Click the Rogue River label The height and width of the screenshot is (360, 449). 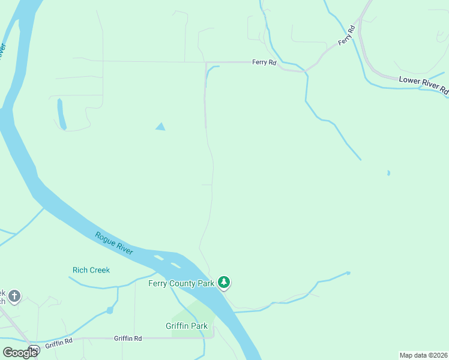[x=113, y=243]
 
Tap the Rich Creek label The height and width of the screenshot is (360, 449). [x=91, y=270]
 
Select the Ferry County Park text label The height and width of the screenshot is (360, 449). [x=181, y=283]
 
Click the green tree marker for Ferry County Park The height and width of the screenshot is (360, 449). [x=224, y=281]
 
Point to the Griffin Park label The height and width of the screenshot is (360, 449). [x=187, y=326]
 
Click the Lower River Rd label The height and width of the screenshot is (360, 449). [x=424, y=85]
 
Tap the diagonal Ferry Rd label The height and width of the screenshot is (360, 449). [x=347, y=34]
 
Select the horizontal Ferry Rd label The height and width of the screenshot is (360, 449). [x=264, y=62]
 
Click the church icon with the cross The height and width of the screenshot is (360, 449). [x=14, y=296]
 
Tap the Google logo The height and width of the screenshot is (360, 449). [x=19, y=352]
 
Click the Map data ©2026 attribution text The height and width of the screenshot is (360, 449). [x=424, y=355]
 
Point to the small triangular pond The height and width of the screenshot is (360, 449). [x=160, y=127]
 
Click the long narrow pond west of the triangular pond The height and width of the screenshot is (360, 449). [x=61, y=114]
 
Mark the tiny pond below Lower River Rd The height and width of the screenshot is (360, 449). [x=388, y=173]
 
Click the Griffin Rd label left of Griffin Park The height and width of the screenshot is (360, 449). [x=128, y=338]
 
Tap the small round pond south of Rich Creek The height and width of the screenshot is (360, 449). [x=109, y=310]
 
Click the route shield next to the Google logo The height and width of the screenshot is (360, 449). [x=35, y=350]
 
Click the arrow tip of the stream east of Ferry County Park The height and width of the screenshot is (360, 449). [x=349, y=273]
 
